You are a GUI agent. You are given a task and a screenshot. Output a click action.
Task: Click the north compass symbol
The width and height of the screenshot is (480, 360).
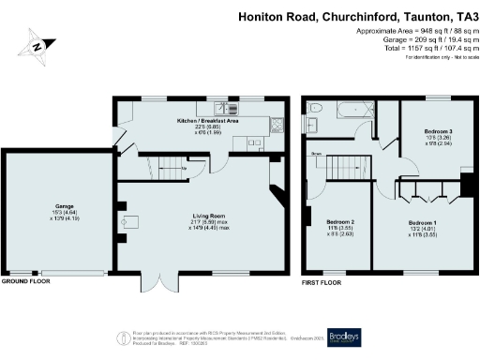(36, 45)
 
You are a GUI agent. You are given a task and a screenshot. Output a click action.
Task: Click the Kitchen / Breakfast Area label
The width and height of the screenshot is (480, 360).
(206, 121)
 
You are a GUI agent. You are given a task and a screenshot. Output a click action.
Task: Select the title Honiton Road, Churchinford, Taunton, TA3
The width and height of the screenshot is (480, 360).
(358, 16)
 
